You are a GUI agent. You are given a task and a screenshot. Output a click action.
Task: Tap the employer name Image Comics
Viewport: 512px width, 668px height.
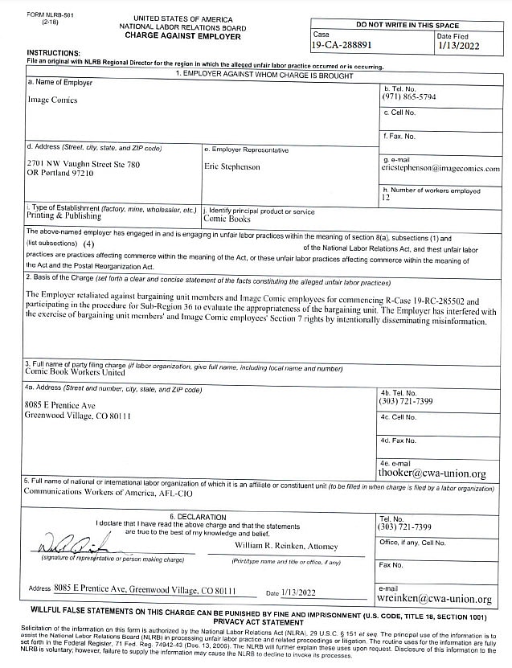[50, 101]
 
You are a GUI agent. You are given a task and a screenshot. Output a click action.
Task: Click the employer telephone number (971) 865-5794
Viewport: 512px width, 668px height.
[409, 96]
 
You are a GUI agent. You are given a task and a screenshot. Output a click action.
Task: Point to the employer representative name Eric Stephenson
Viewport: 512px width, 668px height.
[232, 167]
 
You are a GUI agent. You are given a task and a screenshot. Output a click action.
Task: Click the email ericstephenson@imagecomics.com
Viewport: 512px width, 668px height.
[440, 169]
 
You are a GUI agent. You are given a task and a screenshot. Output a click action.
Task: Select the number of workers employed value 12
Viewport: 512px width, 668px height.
[386, 198]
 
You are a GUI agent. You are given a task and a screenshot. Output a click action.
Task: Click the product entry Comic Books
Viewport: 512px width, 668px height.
[227, 219]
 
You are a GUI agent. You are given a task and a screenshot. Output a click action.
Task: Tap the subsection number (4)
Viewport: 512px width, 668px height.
[88, 244]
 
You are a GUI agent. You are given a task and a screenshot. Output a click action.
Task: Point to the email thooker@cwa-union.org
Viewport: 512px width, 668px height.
[432, 474]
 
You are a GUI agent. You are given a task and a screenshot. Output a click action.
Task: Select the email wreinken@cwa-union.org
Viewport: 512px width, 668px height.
[435, 599]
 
